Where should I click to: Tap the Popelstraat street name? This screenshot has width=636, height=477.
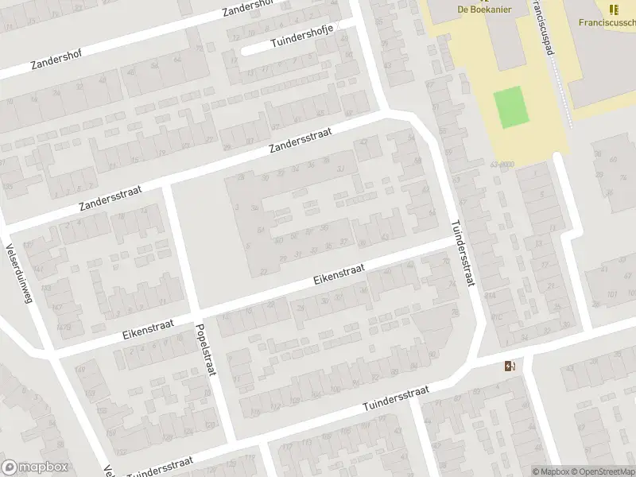[x=205, y=350]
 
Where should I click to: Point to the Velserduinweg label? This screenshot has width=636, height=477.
[x=23, y=277]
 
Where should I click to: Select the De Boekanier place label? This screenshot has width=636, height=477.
[x=483, y=9]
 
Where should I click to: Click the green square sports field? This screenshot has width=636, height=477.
[x=511, y=107]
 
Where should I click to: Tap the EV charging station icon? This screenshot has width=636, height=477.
[x=509, y=366]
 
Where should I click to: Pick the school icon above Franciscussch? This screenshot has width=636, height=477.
[x=613, y=9]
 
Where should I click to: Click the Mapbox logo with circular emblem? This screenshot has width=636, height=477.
[x=36, y=467]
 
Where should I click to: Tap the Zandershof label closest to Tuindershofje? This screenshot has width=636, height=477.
[x=248, y=10]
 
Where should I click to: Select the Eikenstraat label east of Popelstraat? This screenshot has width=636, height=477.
[x=339, y=275]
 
